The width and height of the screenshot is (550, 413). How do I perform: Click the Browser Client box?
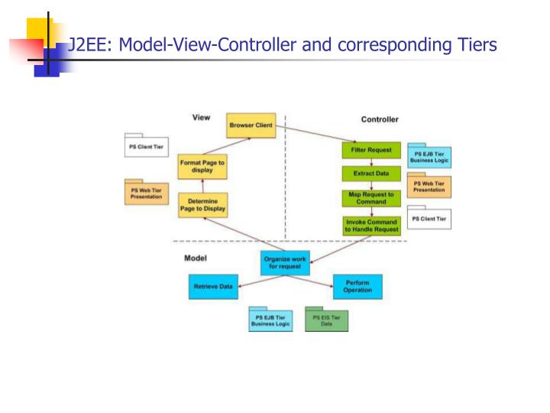251,125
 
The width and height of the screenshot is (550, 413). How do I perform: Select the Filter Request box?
371,150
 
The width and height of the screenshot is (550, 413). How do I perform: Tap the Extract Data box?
371,174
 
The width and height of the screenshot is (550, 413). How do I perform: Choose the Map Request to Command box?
371,198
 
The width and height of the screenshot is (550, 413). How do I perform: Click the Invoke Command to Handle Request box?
371,225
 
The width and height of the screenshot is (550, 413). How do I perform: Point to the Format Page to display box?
202,166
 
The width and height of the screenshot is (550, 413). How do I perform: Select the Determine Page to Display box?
202,205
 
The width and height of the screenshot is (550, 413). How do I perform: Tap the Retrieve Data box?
212,287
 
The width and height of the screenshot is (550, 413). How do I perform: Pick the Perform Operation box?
357,287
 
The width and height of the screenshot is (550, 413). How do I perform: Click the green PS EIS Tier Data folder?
326,320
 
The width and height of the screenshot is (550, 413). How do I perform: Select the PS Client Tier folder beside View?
146,146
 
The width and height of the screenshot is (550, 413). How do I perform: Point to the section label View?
201,118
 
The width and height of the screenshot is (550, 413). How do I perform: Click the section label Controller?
380,119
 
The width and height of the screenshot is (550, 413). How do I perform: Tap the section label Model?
196,258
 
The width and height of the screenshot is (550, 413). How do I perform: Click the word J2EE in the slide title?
86,45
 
